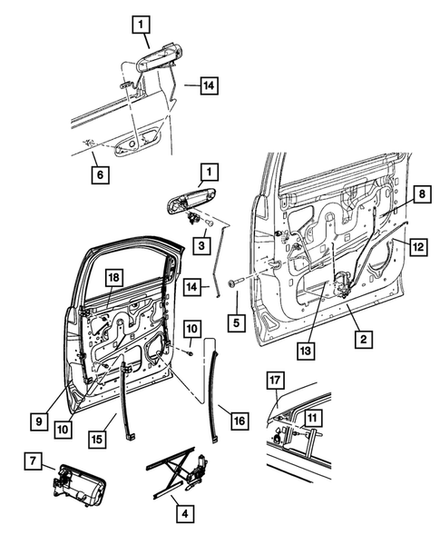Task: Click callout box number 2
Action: (x=361, y=340)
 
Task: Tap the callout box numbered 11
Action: (x=311, y=417)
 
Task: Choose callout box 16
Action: (x=240, y=421)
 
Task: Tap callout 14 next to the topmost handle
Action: (x=208, y=86)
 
